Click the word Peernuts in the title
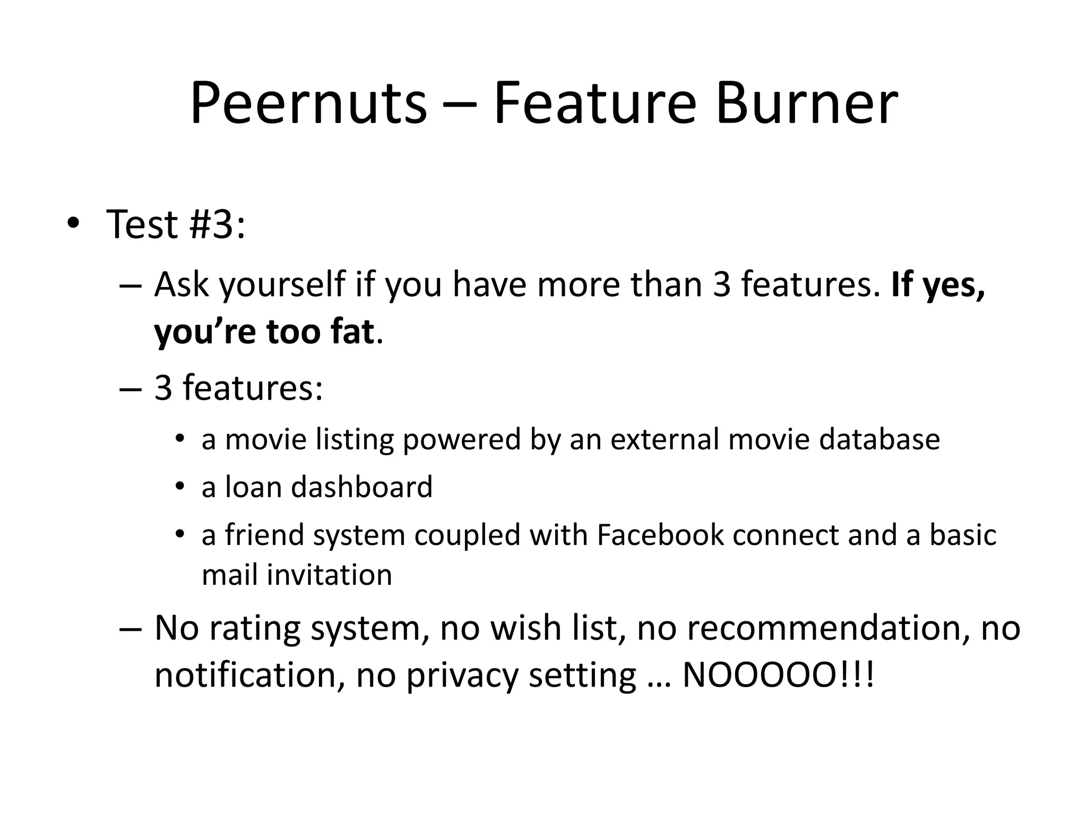click(308, 103)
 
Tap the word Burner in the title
click(806, 103)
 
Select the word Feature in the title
click(594, 103)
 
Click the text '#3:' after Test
click(217, 224)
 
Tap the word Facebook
click(660, 535)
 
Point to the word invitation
click(329, 575)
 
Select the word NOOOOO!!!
click(778, 675)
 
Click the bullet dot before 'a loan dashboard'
click(180, 487)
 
